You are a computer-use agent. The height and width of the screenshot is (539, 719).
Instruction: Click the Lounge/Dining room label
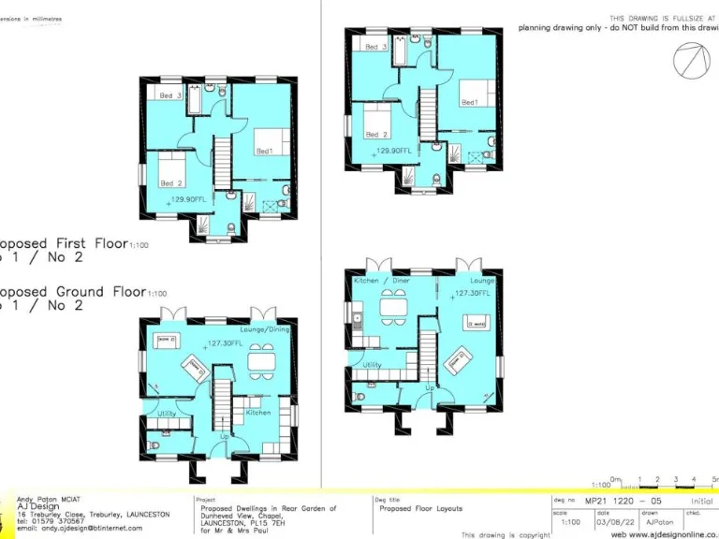point(265,330)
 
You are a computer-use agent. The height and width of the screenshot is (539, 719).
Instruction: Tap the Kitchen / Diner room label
point(381,281)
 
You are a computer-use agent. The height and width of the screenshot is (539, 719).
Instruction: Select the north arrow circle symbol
point(690,61)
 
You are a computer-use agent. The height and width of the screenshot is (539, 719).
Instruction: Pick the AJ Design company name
point(36,506)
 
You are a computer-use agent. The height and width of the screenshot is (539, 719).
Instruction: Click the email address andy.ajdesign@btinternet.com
point(80,529)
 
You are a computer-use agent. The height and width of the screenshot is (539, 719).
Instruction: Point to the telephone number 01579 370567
point(57,521)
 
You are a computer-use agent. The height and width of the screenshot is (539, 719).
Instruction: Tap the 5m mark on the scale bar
point(713,479)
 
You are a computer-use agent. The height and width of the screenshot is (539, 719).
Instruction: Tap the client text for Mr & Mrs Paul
point(229,531)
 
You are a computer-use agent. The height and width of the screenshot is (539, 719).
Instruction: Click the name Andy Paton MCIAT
point(48,499)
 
